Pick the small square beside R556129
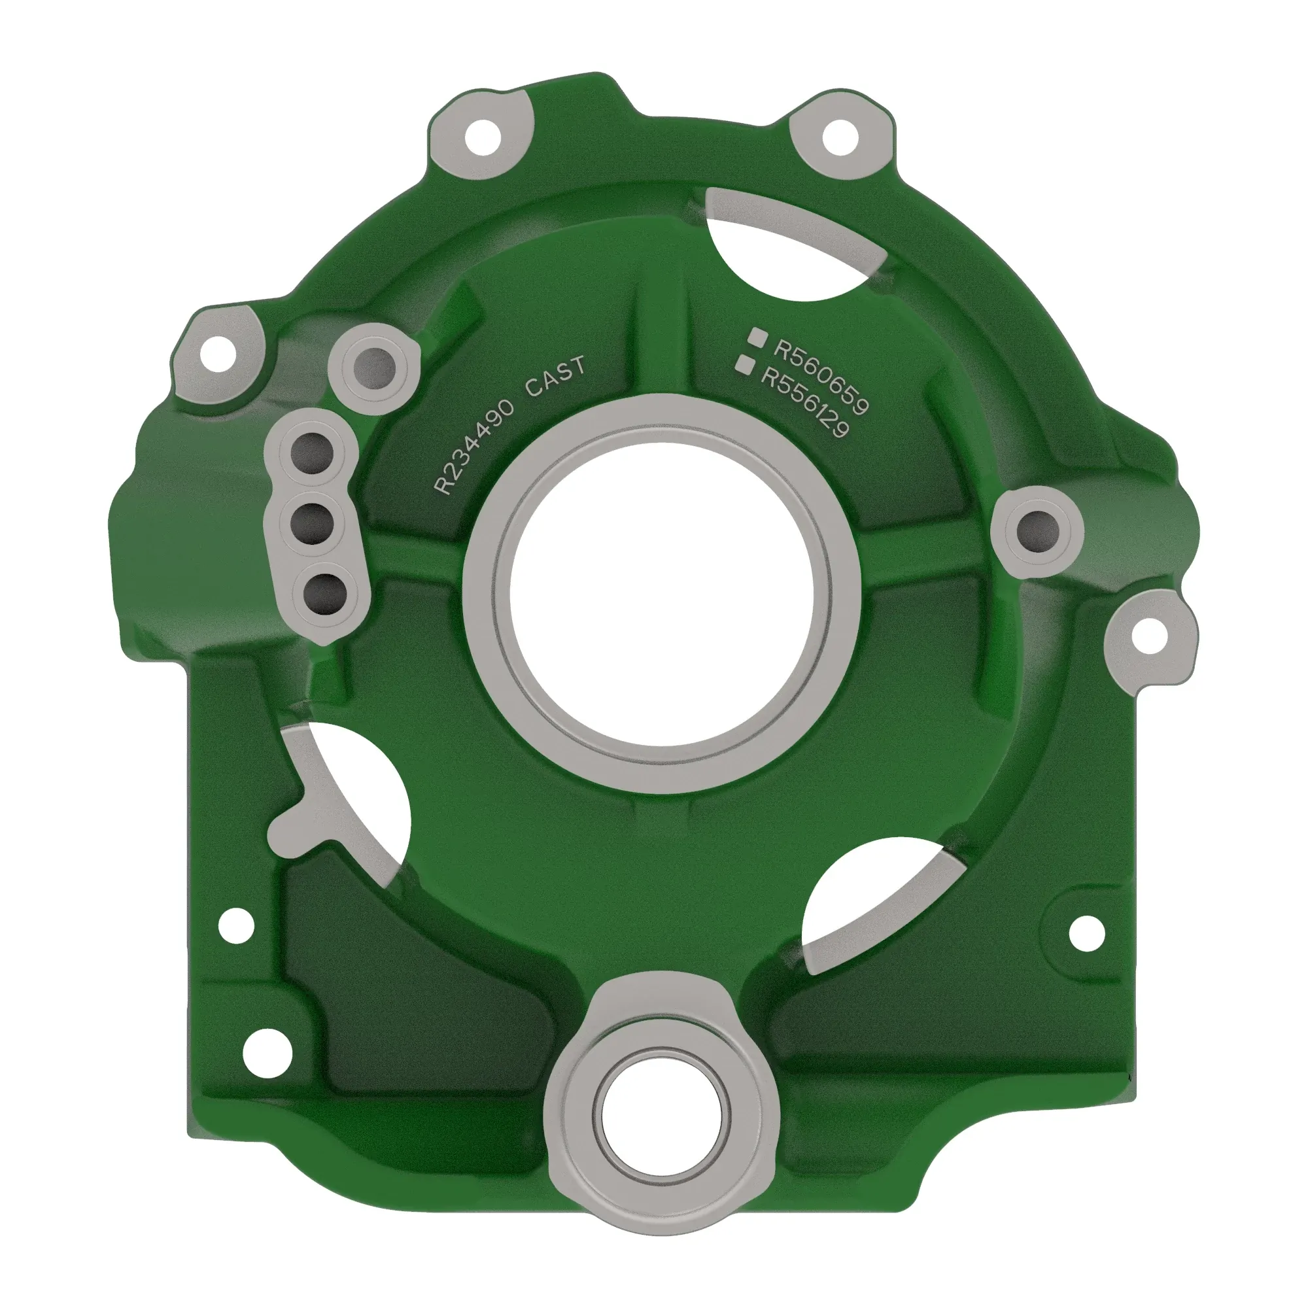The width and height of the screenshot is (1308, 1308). [x=745, y=364]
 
